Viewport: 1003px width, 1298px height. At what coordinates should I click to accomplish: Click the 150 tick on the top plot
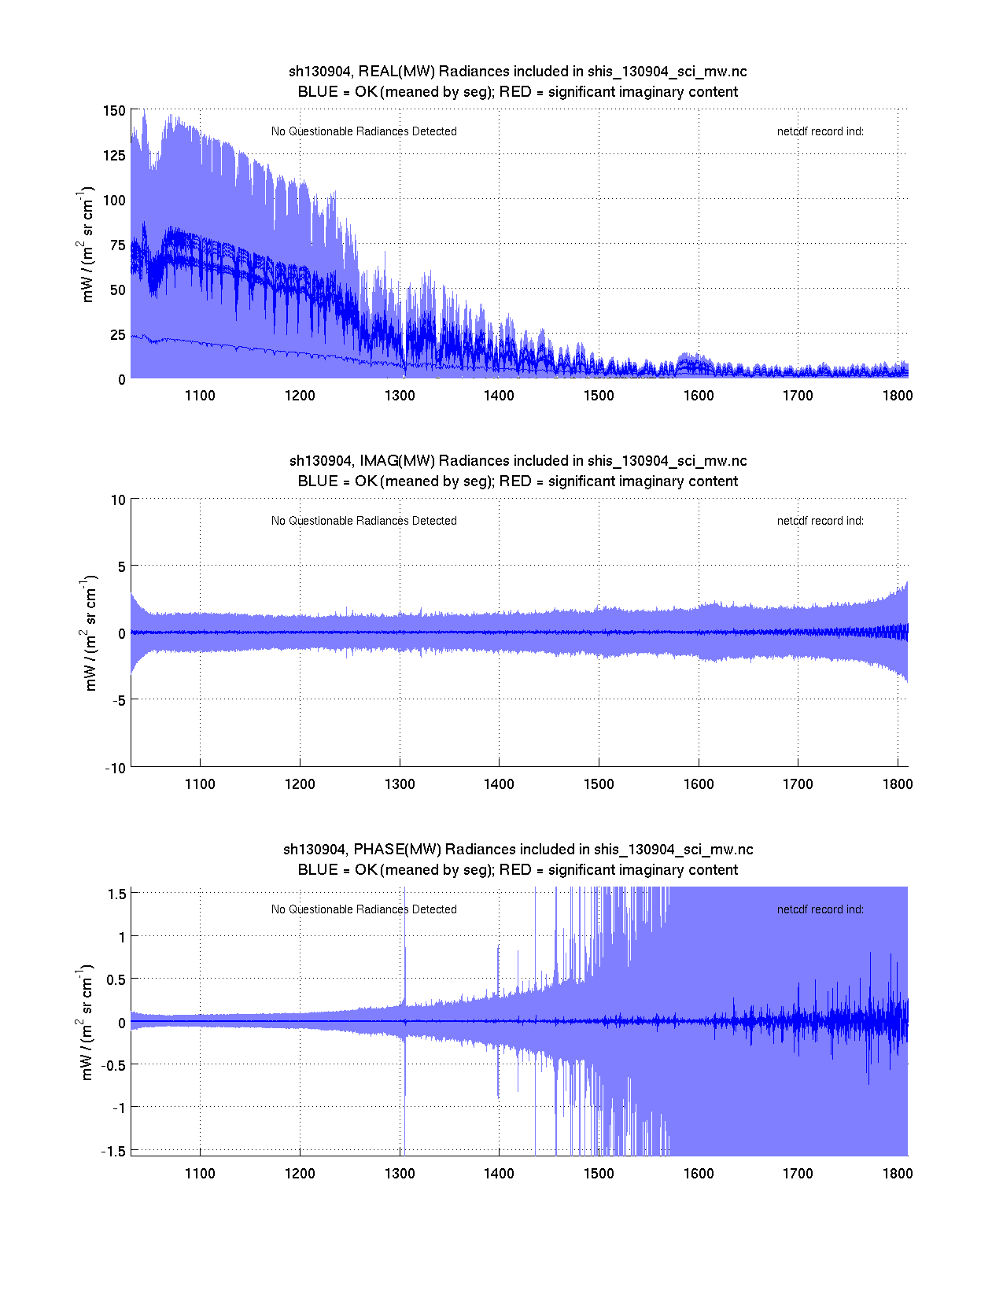[114, 110]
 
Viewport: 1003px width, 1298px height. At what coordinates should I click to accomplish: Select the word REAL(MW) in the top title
[396, 72]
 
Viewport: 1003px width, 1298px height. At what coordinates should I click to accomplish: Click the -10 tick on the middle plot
[115, 769]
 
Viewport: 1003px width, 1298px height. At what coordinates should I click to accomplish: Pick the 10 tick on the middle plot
[118, 500]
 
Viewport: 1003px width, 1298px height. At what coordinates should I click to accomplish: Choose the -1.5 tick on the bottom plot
[113, 1151]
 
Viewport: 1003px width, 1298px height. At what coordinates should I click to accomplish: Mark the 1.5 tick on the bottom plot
[117, 894]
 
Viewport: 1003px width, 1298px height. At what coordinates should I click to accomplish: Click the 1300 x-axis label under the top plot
[400, 396]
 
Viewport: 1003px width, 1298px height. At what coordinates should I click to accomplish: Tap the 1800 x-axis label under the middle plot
[898, 784]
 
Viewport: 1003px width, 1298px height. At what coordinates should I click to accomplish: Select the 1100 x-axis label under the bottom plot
[200, 1174]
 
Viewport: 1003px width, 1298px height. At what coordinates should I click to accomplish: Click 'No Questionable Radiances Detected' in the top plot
[363, 131]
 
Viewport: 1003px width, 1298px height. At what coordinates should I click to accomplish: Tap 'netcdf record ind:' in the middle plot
[820, 521]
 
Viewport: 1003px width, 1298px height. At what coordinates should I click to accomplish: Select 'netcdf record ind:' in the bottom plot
[820, 909]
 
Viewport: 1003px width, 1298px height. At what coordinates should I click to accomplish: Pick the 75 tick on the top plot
[117, 245]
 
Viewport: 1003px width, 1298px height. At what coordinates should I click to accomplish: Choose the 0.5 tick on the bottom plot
[116, 979]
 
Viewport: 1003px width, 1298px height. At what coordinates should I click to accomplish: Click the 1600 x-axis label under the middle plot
[699, 784]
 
